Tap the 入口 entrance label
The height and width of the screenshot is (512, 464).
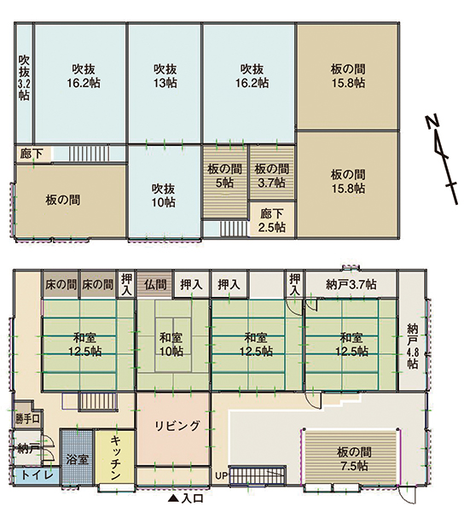[186, 498]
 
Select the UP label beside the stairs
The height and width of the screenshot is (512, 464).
[221, 476]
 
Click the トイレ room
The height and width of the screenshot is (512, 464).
[37, 475]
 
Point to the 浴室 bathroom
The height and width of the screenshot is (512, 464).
[78, 457]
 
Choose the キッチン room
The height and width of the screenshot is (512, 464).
[115, 457]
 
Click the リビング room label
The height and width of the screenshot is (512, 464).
[177, 426]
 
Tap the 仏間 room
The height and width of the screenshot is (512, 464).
[155, 284]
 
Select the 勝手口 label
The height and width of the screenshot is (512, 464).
[28, 419]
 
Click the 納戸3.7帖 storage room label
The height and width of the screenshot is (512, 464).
[351, 284]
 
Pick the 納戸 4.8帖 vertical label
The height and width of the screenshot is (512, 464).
[413, 346]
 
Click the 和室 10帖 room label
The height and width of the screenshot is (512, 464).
[171, 344]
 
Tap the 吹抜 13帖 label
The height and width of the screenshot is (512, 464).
[165, 76]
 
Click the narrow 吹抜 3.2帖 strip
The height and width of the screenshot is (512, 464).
[24, 84]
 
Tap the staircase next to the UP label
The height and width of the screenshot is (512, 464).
[258, 475]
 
